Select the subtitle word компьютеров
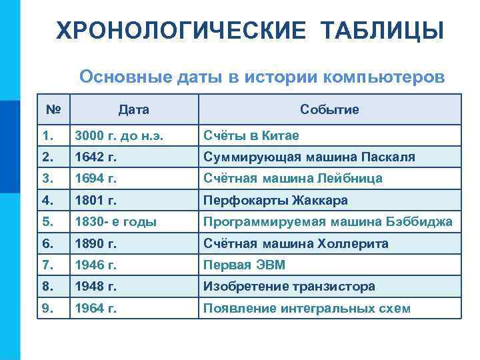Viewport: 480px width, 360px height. click(x=383, y=76)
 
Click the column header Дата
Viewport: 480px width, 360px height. click(x=133, y=109)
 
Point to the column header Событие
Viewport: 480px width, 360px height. click(x=329, y=109)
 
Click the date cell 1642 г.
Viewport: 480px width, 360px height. click(x=96, y=157)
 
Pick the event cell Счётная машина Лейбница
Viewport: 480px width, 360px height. click(x=293, y=179)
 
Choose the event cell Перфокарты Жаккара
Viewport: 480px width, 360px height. click(x=275, y=200)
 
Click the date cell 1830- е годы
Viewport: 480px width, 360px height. click(x=115, y=222)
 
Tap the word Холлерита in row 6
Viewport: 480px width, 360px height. click(x=356, y=243)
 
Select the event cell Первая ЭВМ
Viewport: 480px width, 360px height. click(x=244, y=265)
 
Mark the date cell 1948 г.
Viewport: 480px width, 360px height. click(x=96, y=287)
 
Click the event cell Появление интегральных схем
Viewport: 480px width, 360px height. click(x=307, y=309)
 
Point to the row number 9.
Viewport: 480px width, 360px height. click(x=46, y=309)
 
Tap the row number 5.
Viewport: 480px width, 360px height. click(x=46, y=222)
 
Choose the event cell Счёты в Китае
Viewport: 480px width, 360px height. click(x=251, y=135)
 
